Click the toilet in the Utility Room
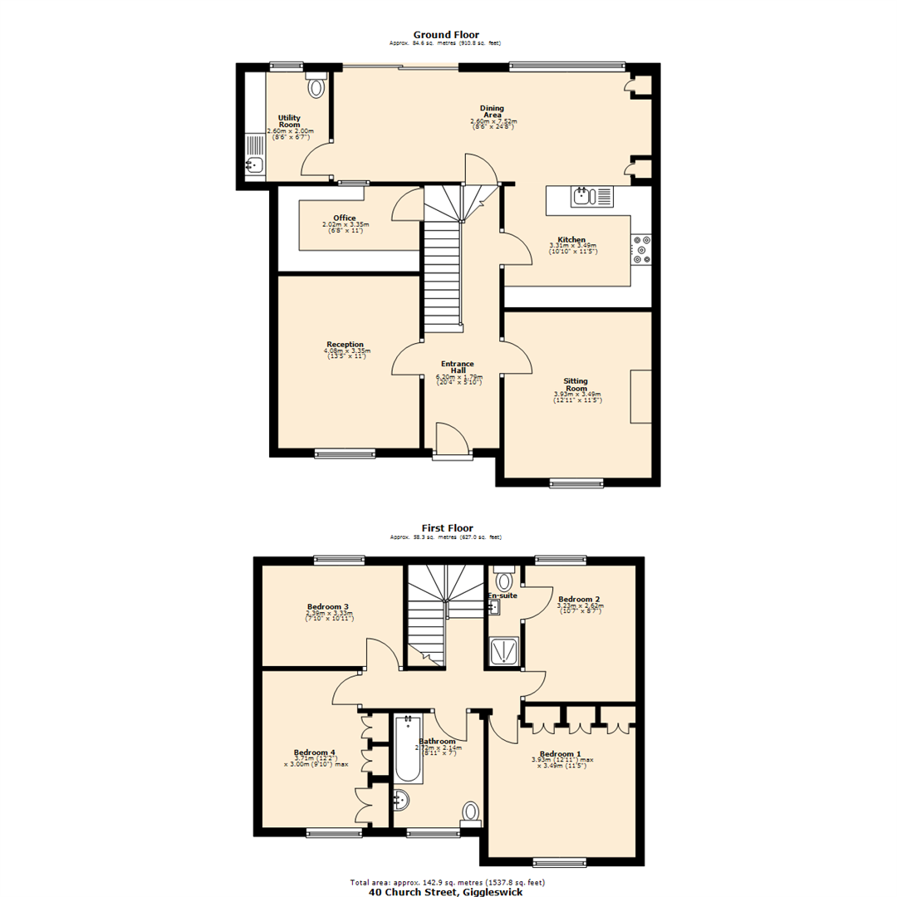tap(316, 85)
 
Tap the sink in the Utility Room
tap(255, 164)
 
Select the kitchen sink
tap(581, 196)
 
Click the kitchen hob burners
tap(641, 249)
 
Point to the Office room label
tap(345, 218)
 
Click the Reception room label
tap(345, 344)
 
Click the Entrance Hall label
tap(458, 367)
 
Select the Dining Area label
tap(492, 111)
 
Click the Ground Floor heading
tap(445, 34)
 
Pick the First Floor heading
tap(447, 527)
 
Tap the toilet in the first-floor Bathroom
tap(471, 811)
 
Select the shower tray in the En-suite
tap(504, 651)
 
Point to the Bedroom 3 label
tap(327, 607)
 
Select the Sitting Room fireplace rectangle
tap(640, 397)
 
